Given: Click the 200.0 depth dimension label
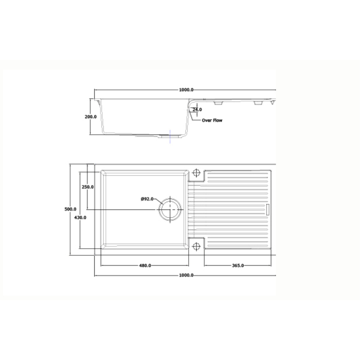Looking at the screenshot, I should coord(91,117).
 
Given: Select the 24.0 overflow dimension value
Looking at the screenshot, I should coord(197,109).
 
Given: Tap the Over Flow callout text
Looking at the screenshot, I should coord(212,120).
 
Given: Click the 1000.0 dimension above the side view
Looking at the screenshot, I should coord(186,90).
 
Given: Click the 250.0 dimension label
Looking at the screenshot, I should coord(88,187).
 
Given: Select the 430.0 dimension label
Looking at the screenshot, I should coord(80,217).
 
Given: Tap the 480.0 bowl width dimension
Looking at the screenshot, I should coord(145,266).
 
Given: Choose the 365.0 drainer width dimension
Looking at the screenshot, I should coord(238,266).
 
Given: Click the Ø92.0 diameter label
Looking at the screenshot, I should coord(147,199).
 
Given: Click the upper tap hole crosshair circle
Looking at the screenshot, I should coord(196,173).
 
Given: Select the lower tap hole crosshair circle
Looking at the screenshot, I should coord(196,247).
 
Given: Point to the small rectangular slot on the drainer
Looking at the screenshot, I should coord(267,209).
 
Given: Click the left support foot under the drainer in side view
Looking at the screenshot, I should coord(218,103).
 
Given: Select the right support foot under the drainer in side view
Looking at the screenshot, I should coord(258,103).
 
